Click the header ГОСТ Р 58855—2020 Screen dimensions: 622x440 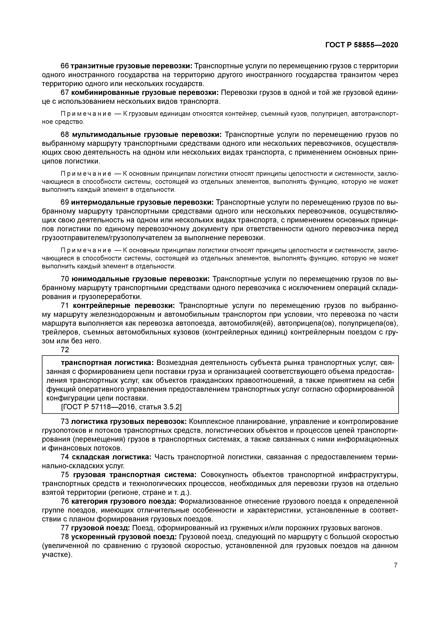tap(362, 45)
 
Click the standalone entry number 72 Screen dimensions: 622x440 tap(65, 350)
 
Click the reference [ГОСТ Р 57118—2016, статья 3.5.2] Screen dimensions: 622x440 tap(121, 407)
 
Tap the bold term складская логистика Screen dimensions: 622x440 tap(112, 457)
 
